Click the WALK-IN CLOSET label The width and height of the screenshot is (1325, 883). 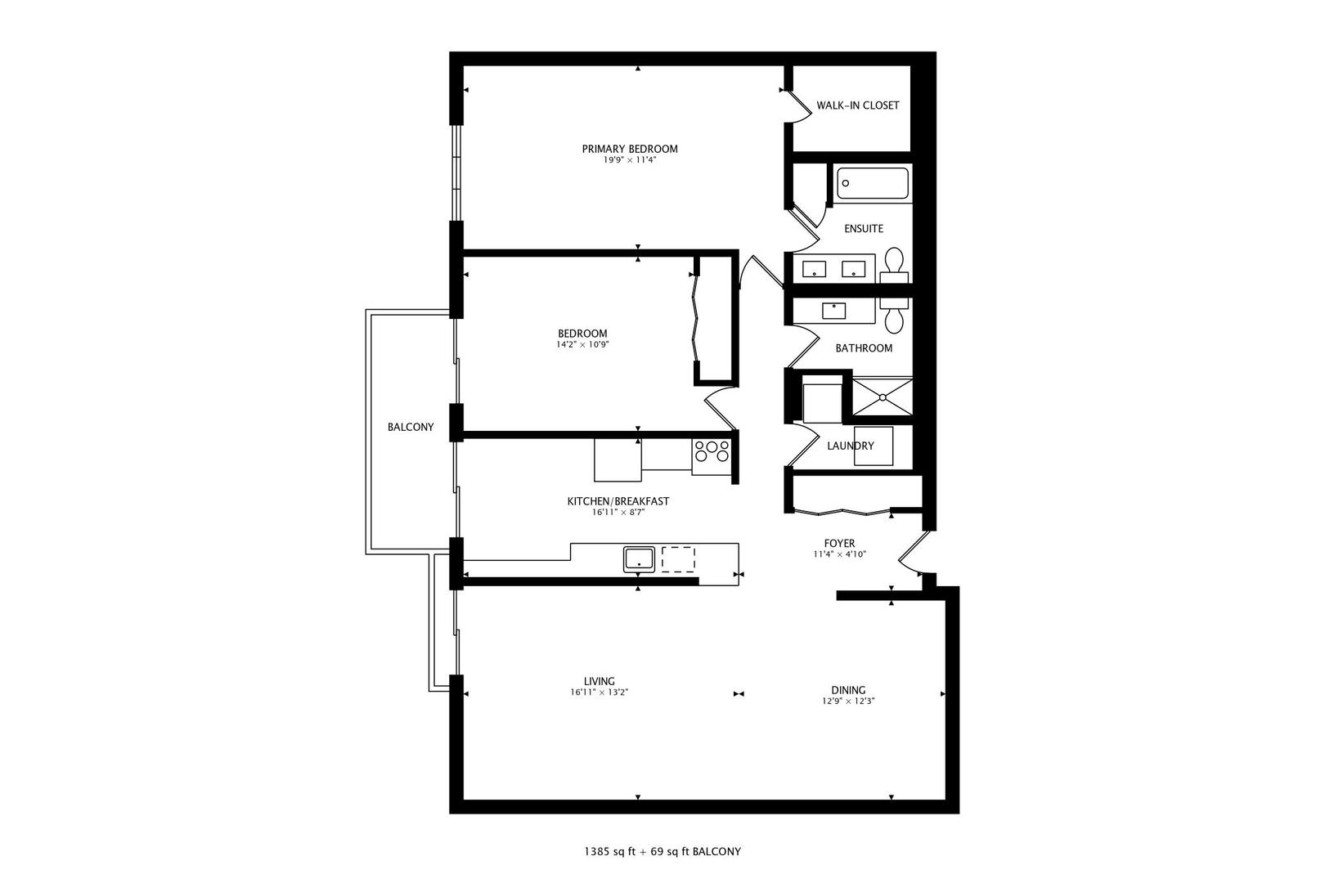tap(857, 105)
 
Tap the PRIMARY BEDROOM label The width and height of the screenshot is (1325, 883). tap(630, 149)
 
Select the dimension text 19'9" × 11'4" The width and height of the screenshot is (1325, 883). tap(630, 160)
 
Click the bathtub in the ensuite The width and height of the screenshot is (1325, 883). tap(872, 184)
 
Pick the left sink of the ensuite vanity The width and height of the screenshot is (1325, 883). tap(814, 268)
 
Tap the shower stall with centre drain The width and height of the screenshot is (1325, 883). tap(883, 397)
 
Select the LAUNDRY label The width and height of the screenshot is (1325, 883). tap(850, 446)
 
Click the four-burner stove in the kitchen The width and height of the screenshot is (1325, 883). tap(712, 451)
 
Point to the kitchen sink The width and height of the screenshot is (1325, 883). tap(638, 559)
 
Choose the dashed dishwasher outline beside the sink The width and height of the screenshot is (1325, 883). tap(678, 558)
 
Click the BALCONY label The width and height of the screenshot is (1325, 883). tap(411, 427)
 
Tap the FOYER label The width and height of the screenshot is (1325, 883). tap(839, 543)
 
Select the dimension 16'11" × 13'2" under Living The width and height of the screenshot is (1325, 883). tap(599, 693)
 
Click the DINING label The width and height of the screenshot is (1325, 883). tap(848, 690)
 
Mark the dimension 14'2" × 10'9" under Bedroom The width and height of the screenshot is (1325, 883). tap(582, 345)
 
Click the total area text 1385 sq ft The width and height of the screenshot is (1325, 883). tap(609, 851)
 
